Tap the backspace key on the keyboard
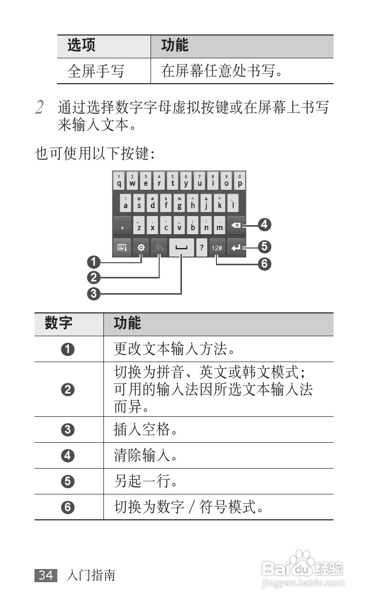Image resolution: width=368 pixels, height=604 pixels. coord(236,225)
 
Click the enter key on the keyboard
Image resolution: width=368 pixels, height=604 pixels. coord(236,248)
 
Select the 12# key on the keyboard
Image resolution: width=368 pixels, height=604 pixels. coord(217,248)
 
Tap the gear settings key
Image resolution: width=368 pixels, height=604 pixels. coord(141,248)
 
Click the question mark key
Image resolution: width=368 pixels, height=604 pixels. coord(202,248)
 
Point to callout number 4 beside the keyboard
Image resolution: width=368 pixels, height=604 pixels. coord(264,224)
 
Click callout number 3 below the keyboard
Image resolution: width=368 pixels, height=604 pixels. coord(93,293)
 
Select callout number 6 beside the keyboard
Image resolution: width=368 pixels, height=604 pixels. coord(264,264)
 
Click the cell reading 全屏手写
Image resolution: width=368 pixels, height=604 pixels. coord(96,72)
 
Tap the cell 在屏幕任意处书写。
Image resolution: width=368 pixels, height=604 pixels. coord(222,72)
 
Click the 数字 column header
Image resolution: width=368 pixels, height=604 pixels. coord(58,324)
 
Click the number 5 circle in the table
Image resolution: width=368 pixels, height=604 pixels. coord(69,481)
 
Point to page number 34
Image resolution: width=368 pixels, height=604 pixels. coord(46,575)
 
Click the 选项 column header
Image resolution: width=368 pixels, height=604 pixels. coord(81,46)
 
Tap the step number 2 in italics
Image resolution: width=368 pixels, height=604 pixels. coord(40,108)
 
